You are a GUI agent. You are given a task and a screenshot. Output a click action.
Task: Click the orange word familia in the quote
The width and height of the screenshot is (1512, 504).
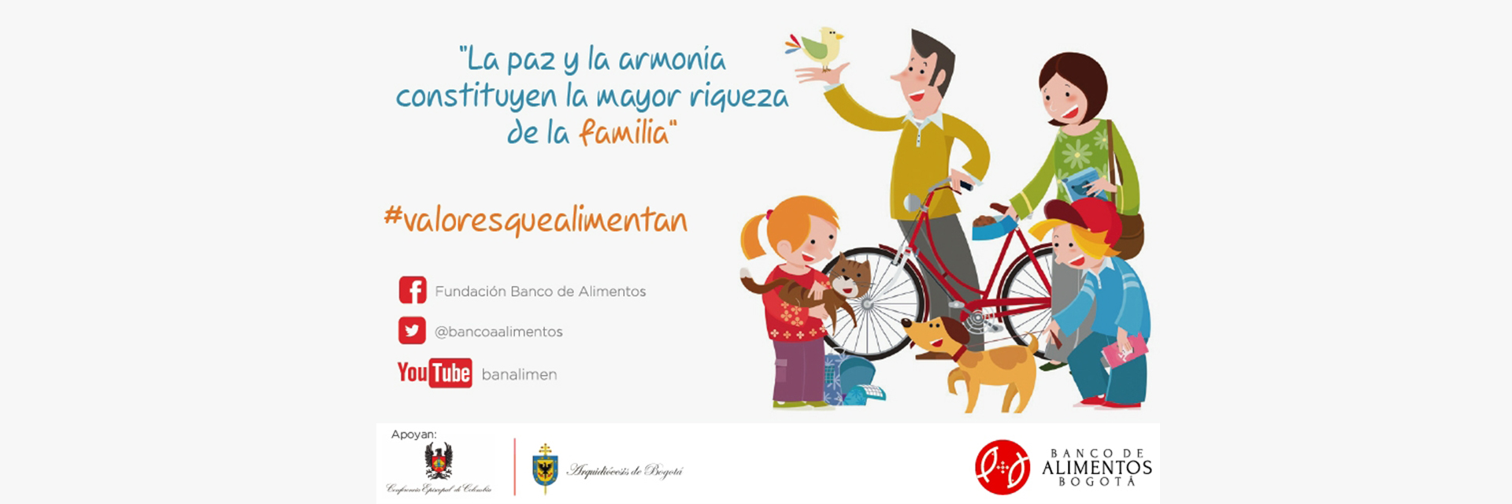tap(624, 132)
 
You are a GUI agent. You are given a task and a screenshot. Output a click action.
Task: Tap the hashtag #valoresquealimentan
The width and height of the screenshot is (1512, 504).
tap(535, 220)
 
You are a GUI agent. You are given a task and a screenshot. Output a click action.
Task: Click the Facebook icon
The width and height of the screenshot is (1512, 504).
tap(413, 290)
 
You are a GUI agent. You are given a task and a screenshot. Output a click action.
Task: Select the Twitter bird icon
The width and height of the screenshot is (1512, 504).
tap(412, 331)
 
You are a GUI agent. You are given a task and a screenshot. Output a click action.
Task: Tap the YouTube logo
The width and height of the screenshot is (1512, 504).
tap(434, 372)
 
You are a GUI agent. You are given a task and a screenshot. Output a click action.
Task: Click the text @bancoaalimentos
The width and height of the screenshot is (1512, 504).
tap(498, 332)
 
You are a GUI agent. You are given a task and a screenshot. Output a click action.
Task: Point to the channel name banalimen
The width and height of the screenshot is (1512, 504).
tap(519, 375)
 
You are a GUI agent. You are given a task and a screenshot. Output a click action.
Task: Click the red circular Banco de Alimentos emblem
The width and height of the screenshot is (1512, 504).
tap(1002, 466)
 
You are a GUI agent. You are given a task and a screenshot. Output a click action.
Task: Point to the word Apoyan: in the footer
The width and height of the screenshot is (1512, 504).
tap(413, 435)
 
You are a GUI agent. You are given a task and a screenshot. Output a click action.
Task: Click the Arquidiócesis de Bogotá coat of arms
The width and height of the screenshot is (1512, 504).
tap(544, 468)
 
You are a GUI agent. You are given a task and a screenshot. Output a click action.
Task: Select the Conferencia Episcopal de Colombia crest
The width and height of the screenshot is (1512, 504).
tap(439, 460)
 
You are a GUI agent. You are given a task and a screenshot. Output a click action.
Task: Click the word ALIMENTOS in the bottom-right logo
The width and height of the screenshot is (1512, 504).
tap(1096, 467)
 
